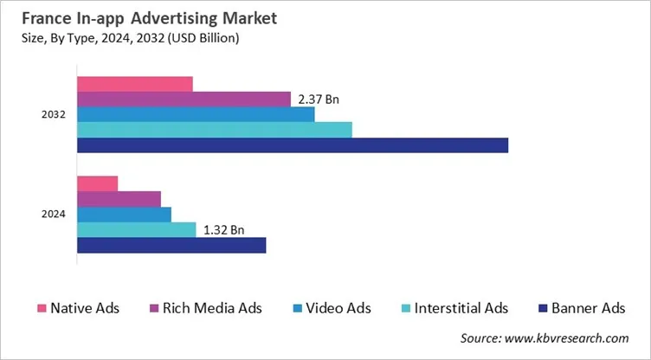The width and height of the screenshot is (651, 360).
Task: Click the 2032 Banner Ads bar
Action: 293,145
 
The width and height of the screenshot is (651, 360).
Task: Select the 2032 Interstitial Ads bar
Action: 215,130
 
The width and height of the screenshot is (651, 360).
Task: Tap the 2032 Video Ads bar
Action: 196,114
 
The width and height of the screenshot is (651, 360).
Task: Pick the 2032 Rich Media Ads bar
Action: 184,99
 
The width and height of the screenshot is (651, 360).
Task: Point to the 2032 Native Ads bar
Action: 135,84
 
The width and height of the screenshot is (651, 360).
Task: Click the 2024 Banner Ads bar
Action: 171,246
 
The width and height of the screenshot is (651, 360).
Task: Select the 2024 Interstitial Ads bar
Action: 137,230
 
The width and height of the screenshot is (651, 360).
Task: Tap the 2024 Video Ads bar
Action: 125,215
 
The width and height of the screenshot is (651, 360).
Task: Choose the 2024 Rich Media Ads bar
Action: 119,199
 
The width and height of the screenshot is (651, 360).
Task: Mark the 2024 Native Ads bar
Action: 98,183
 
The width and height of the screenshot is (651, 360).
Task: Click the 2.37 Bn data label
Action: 318,100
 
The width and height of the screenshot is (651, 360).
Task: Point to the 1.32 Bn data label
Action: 223,230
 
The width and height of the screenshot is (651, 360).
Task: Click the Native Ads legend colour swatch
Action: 41,308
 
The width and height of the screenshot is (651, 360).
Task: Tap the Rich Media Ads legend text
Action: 214,308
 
